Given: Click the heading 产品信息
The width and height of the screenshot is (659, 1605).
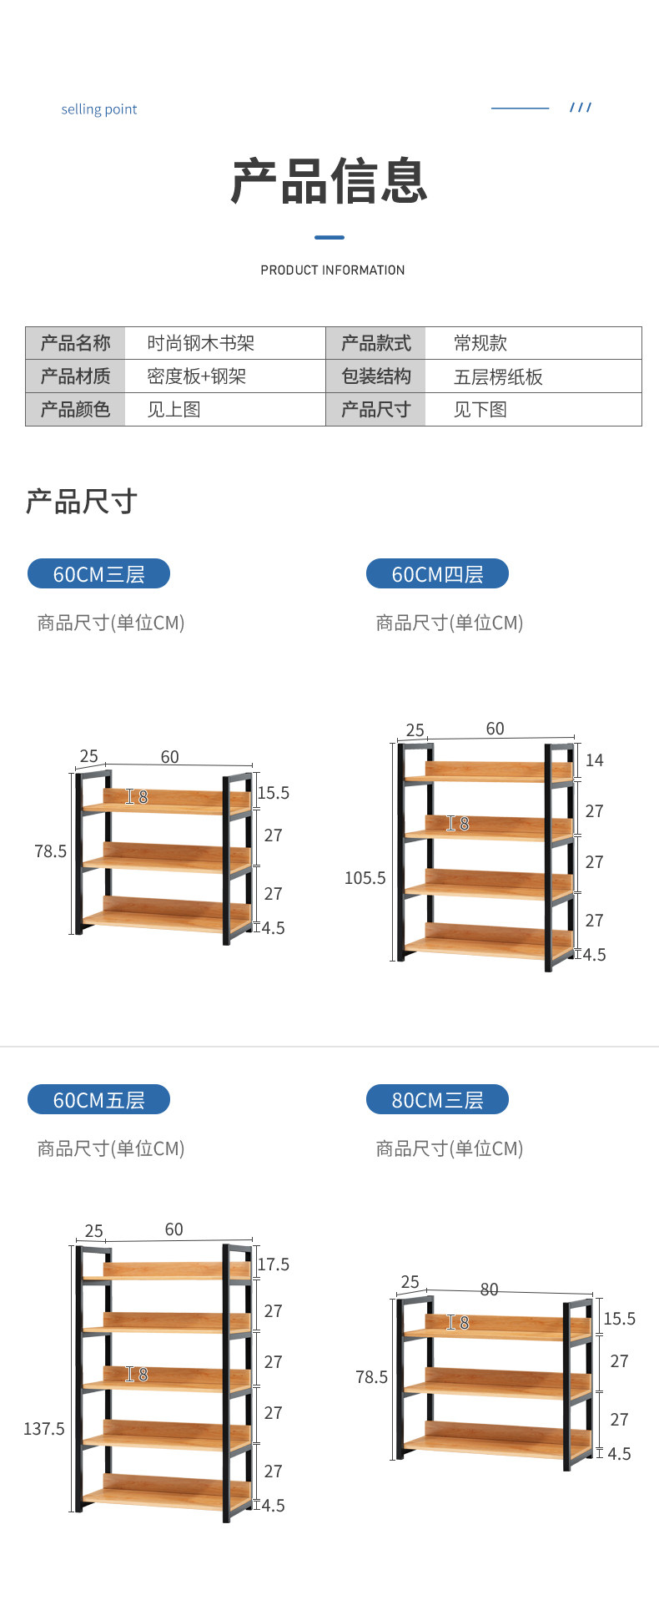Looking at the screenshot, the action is coord(329,181).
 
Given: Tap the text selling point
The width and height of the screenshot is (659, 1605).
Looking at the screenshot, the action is coord(99,109).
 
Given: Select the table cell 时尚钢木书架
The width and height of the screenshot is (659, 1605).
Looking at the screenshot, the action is coord(200,343).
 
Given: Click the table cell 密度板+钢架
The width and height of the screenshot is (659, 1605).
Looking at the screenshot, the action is coord(196,376).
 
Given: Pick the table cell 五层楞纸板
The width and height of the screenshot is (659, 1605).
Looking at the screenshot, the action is coord(498,377).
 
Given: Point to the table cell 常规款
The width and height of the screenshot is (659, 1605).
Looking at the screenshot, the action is coord(480,343).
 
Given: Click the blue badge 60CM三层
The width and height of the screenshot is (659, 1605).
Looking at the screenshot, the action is coord(98,574).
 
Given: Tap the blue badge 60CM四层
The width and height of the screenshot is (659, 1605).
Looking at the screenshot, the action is coord(437,574).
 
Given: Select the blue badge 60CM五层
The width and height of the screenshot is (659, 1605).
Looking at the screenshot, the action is coord(98,1100).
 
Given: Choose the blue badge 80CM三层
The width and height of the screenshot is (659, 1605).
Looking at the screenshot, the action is coord(437,1100).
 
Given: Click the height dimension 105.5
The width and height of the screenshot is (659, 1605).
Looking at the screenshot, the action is coord(365,878).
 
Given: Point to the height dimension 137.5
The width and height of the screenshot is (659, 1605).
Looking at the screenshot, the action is coord(44,1429).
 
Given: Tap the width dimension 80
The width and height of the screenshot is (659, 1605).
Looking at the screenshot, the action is coord(490,1290).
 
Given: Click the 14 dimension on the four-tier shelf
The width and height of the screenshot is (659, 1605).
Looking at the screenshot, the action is coord(594,760).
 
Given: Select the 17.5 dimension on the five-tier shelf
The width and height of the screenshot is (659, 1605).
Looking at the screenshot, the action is coord(274,1264).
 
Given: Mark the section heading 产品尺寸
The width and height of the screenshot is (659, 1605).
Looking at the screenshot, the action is coord(82,502).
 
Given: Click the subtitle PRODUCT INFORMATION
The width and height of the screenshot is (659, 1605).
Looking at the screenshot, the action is coord(332,270).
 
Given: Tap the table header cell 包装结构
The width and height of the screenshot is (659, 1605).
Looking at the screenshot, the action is coord(376,376).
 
